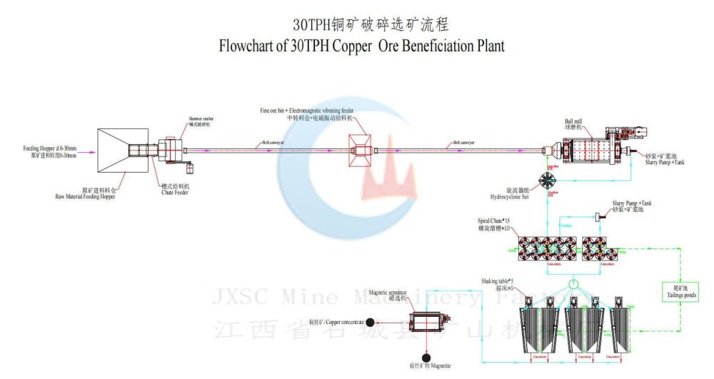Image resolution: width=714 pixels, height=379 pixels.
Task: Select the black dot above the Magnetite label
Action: (x=426, y=357)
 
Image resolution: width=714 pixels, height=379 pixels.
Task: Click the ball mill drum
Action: (x=586, y=152)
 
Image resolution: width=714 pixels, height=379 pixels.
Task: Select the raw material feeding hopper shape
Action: (x=122, y=151)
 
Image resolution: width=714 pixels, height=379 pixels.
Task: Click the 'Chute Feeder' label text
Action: (x=175, y=191)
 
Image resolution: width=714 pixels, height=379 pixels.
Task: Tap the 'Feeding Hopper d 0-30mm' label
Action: (x=50, y=148)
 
